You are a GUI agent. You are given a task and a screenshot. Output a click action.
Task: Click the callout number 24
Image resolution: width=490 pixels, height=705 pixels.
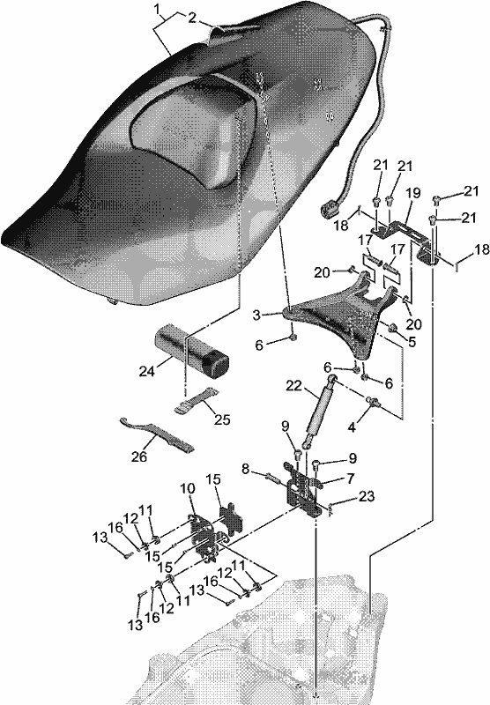coord(146,371)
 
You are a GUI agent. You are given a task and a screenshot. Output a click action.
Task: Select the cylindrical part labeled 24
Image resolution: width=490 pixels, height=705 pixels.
coord(191,352)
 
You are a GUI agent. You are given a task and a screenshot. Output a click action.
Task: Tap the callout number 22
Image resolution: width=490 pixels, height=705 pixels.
coord(294,386)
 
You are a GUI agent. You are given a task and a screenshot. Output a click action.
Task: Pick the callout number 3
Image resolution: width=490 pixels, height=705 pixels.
coord(256,315)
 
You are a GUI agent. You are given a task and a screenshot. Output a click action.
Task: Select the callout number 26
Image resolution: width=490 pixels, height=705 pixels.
coord(139,456)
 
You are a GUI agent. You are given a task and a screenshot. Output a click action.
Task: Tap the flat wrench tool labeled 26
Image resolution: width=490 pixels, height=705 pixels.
coord(157,434)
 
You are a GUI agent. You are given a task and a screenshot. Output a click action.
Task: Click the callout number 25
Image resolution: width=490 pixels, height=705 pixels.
coord(222,419)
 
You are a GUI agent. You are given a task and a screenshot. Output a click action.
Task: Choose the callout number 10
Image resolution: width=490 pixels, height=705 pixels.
coord(188,488)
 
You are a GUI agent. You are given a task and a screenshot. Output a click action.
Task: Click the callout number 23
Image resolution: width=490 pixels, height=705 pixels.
coord(367,496)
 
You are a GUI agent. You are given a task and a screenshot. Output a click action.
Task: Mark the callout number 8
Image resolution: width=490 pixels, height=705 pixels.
coord(246,469)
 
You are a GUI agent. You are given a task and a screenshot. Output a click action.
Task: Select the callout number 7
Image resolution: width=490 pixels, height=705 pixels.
coord(350,478)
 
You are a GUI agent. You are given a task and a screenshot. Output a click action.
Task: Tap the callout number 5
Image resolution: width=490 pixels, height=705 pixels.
coord(412,342)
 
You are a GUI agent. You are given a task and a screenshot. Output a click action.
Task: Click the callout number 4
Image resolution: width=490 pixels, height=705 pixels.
coord(352,427)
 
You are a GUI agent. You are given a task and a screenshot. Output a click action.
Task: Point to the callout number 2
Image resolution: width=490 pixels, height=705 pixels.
coord(192,18)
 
